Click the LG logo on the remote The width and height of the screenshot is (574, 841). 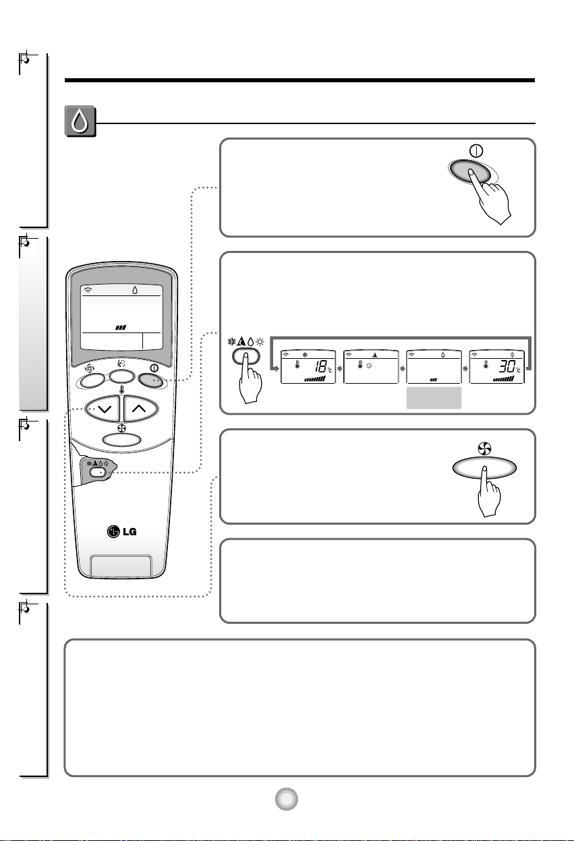(121, 531)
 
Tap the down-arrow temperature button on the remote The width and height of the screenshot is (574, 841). (103, 409)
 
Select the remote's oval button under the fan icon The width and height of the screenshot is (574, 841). (121, 439)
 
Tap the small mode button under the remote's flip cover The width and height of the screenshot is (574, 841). (98, 472)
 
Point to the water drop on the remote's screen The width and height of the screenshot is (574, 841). (135, 290)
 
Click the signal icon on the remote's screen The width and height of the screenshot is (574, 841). (88, 290)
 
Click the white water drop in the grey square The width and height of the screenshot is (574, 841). (80, 121)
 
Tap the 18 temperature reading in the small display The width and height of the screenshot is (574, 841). (320, 366)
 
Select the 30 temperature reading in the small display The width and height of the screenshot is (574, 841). (507, 366)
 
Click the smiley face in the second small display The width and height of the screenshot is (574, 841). (369, 366)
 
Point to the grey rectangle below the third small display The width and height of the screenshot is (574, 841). (434, 398)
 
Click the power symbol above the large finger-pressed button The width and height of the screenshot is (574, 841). (476, 151)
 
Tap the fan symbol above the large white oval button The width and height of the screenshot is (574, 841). (484, 448)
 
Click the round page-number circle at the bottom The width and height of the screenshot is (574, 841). (287, 799)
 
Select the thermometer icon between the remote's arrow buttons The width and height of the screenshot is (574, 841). (121, 390)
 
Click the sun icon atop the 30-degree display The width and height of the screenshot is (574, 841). (512, 355)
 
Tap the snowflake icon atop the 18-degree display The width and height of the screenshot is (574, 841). (305, 355)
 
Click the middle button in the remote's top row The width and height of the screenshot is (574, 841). (121, 376)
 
